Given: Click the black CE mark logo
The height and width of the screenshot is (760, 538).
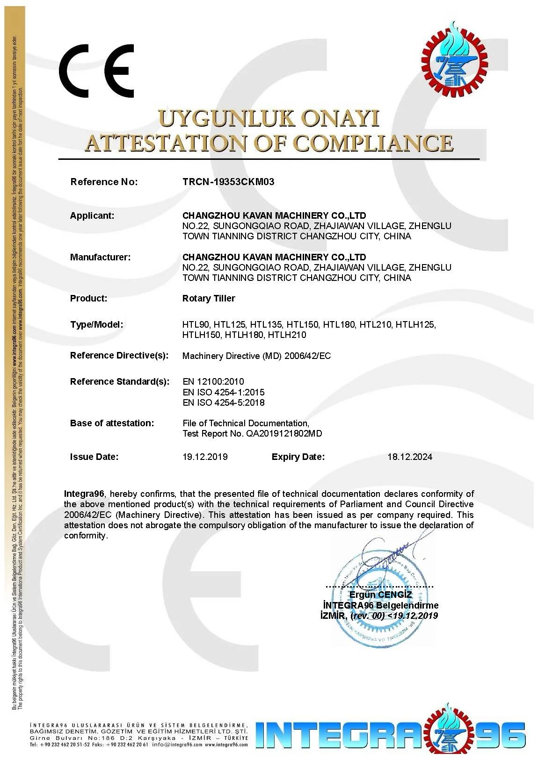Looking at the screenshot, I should [x=96, y=71].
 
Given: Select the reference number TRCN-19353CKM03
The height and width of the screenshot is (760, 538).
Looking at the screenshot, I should [x=228, y=182].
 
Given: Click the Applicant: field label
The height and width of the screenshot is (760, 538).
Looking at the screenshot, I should [x=92, y=215].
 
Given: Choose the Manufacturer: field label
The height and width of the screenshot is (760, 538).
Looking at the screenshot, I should [x=100, y=257].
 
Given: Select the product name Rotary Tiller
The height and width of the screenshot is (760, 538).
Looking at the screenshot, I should [x=209, y=298].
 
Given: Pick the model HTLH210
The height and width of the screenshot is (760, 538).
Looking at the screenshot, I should [x=287, y=335].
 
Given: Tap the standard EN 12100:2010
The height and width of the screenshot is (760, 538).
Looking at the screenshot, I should [x=213, y=381].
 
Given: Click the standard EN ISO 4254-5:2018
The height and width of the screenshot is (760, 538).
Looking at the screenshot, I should [x=224, y=402].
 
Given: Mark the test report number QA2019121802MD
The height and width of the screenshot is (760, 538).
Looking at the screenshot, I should [x=284, y=433].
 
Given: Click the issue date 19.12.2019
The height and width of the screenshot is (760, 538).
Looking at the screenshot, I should [x=205, y=457].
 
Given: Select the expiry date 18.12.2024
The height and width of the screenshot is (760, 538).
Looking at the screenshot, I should [x=410, y=457].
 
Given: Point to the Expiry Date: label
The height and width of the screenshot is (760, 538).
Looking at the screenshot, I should [x=298, y=457].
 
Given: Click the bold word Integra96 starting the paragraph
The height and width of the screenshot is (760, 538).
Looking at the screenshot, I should [x=84, y=494].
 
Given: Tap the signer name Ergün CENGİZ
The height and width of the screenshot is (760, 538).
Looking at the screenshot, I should [x=381, y=595].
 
